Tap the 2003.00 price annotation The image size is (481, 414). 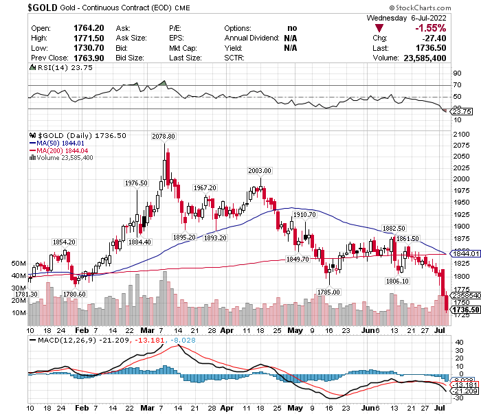(260, 170)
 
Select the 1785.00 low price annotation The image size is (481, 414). (329, 292)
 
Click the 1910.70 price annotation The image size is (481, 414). (304, 215)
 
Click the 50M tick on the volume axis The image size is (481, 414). (19, 263)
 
